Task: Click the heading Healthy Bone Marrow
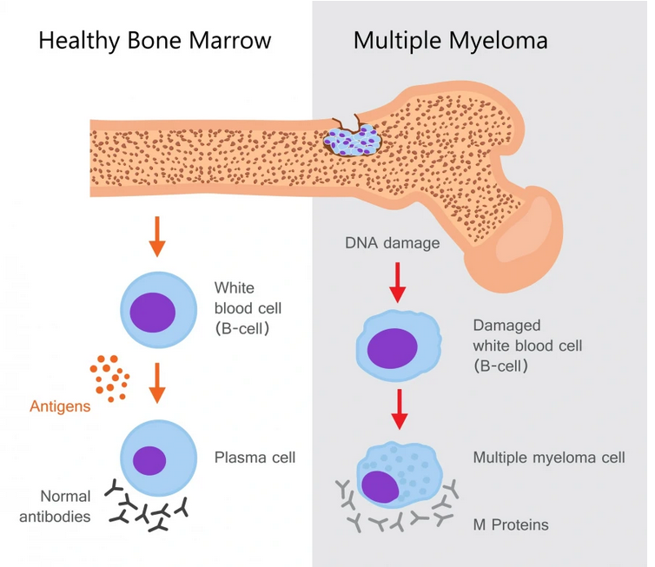point(155,41)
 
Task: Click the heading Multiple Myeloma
point(450,41)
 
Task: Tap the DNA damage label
point(393,242)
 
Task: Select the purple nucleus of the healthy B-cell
point(153,313)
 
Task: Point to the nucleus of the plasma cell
point(149,460)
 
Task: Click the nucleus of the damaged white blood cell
point(393,348)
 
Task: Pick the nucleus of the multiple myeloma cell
point(380,487)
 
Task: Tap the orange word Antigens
point(60,406)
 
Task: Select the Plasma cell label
point(255,458)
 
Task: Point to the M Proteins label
point(511,524)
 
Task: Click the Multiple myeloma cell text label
point(549,458)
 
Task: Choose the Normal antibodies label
point(55,506)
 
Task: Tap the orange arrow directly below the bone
point(157,236)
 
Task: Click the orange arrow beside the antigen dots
point(157,383)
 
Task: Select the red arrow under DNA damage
point(398,283)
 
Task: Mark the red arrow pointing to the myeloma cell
point(400,409)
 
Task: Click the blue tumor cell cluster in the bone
point(353,140)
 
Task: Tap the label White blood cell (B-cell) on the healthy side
point(248,308)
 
